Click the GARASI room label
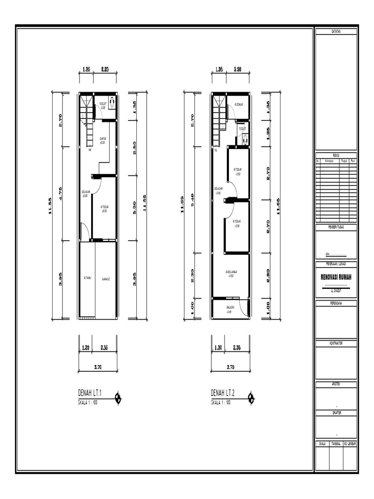tap(106, 279)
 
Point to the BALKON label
tap(230, 308)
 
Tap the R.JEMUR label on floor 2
tap(239, 104)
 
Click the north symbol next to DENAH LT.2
tap(251, 399)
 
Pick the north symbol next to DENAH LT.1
tap(118, 399)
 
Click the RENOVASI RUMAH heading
tap(336, 277)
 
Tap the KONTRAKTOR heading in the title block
tap(336, 343)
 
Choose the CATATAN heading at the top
tap(336, 31)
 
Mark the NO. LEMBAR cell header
tap(350, 444)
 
